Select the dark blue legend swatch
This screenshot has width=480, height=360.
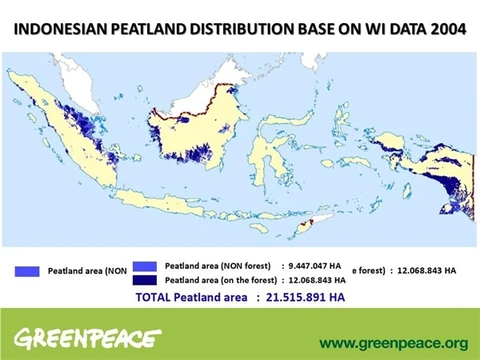pyautogui.click(x=145, y=280)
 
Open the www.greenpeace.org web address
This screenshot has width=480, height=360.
pyautogui.click(x=393, y=343)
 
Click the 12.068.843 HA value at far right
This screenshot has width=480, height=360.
pyautogui.click(x=427, y=270)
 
